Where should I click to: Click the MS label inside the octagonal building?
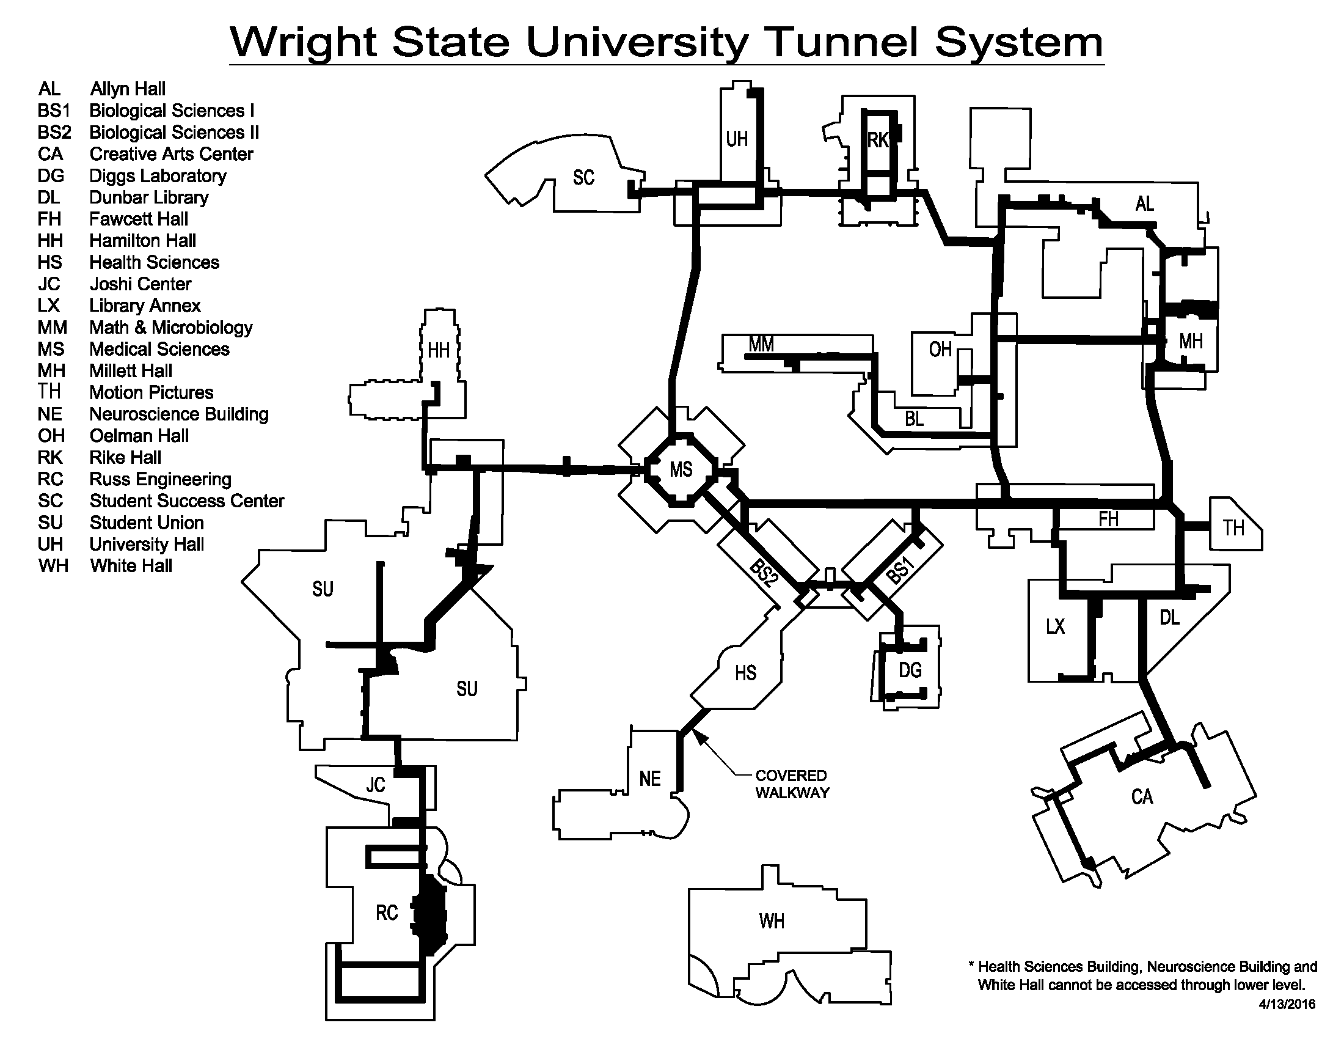tap(681, 469)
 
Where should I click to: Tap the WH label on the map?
tap(772, 921)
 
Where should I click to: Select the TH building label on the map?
tap(1233, 527)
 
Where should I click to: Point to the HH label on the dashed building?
tap(439, 351)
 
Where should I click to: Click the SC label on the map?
tap(583, 178)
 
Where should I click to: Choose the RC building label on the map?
tap(387, 912)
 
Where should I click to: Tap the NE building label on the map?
tap(650, 779)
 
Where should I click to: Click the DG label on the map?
tap(910, 670)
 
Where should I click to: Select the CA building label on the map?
tap(1142, 797)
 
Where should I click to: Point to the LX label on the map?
tap(1056, 626)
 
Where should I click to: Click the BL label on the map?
tap(914, 419)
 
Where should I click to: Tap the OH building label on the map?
tap(940, 350)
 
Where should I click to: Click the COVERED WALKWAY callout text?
tap(792, 784)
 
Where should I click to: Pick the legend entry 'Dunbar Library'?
tap(149, 197)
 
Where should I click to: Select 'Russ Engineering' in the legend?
tap(161, 480)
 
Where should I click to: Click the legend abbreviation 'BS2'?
tap(54, 133)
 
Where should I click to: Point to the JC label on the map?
tap(375, 785)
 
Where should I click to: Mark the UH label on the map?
tap(737, 140)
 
